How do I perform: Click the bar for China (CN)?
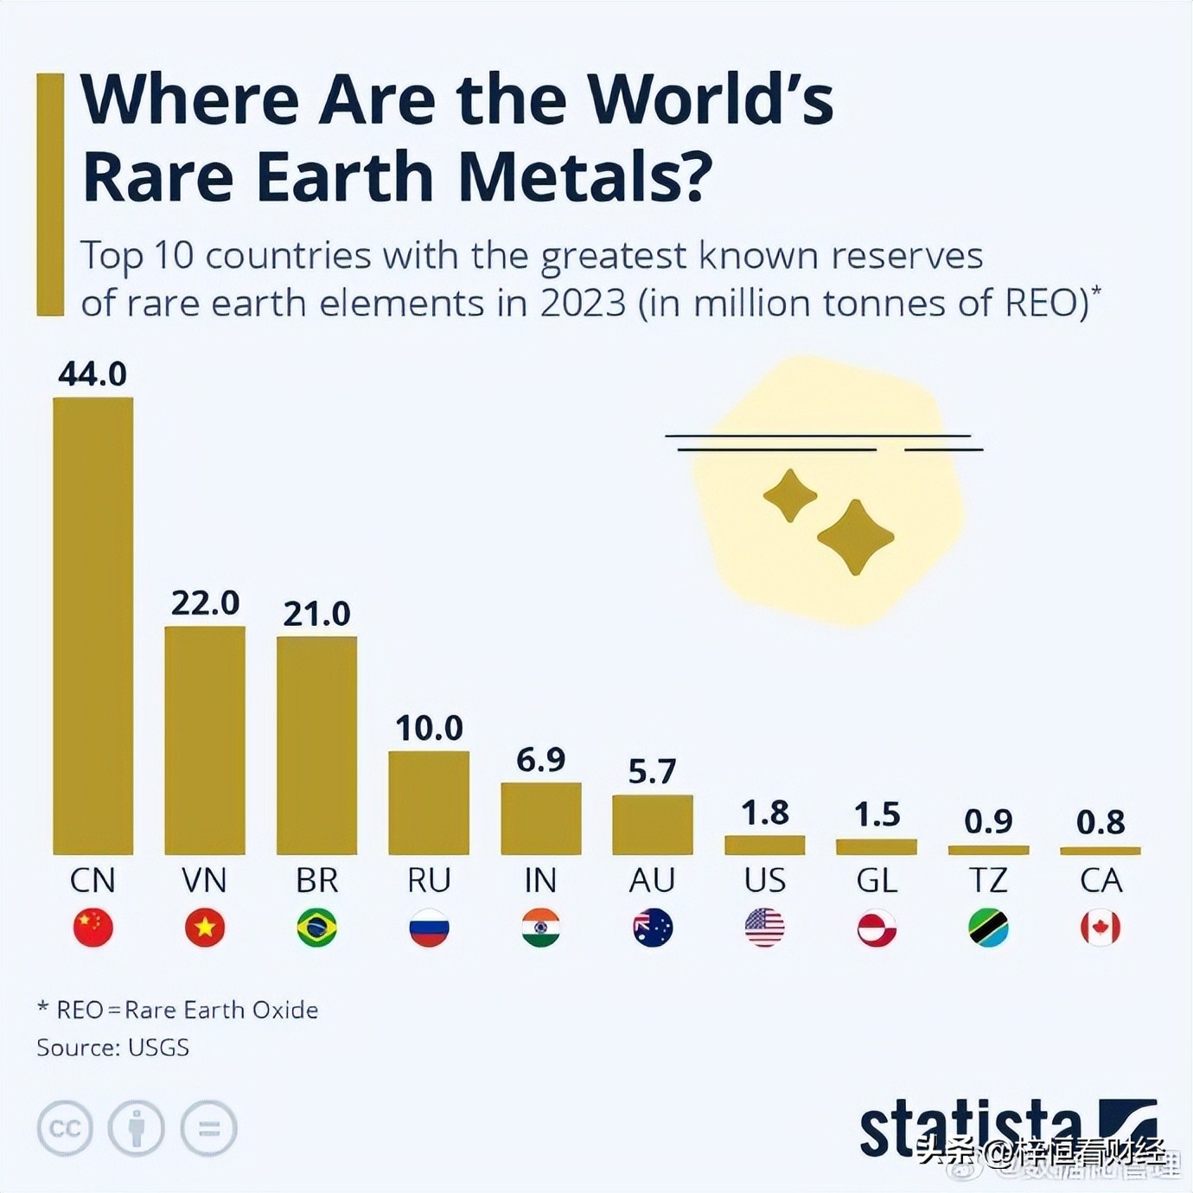[x=93, y=626]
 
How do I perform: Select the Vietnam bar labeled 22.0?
[x=205, y=740]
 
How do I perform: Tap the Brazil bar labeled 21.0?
[x=316, y=745]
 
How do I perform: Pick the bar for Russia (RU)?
[x=429, y=802]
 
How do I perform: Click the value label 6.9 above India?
[x=540, y=760]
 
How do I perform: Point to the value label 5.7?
[x=652, y=771]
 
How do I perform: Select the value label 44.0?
[x=93, y=373]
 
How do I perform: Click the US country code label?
[x=764, y=880]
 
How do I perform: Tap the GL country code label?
[x=877, y=880]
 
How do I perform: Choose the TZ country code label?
[x=988, y=880]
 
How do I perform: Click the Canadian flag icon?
[x=1100, y=928]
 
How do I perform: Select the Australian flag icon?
[x=653, y=928]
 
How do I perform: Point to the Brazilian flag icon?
[x=316, y=928]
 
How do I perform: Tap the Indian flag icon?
[x=540, y=928]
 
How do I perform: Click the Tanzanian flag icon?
[x=988, y=928]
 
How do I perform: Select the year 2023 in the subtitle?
[x=583, y=303]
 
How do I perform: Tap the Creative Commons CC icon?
[x=65, y=1128]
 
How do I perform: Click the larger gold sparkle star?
[x=855, y=537]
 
